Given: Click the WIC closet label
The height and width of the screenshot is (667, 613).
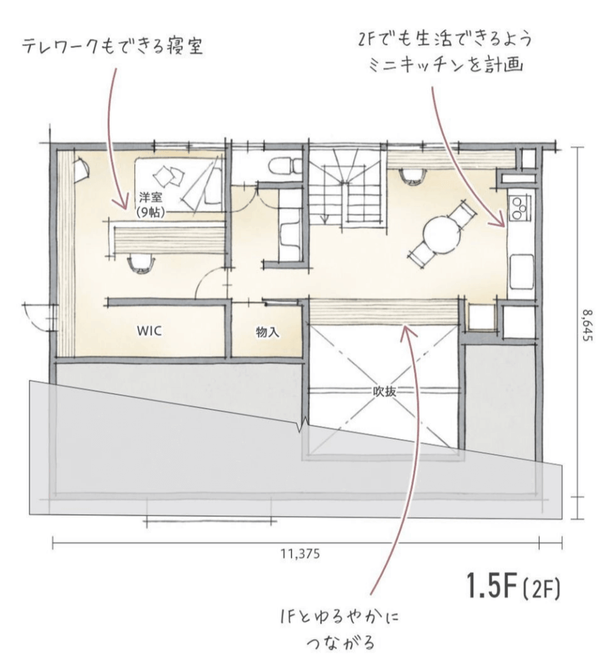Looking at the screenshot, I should pyautogui.click(x=148, y=330).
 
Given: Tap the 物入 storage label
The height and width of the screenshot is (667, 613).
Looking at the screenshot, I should pyautogui.click(x=267, y=332).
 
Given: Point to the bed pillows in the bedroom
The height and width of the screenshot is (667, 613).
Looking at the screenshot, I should pyautogui.click(x=167, y=175).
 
